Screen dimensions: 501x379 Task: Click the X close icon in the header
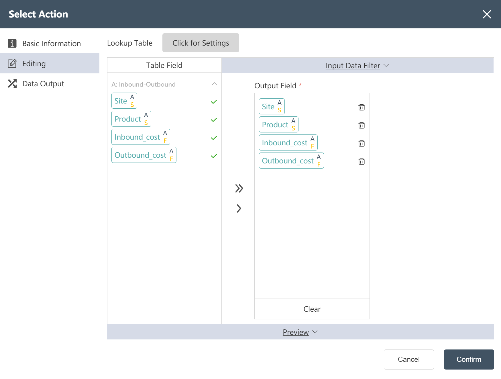tap(487, 14)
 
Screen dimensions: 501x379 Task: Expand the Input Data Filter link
tap(353, 66)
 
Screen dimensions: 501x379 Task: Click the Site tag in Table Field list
tap(124, 101)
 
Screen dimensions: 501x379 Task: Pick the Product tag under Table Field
tap(131, 119)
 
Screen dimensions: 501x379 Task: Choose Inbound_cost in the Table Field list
tap(141, 137)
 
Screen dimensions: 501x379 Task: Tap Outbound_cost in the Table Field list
tap(144, 155)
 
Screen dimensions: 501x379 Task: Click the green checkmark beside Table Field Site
tap(214, 102)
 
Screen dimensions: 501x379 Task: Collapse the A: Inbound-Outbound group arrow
tap(214, 84)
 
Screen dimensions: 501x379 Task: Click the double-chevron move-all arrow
tap(239, 188)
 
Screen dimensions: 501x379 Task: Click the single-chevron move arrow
tap(239, 208)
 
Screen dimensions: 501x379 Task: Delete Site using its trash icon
tap(361, 107)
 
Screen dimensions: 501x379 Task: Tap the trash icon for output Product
tap(361, 125)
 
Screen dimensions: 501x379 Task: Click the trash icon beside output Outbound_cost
tap(361, 161)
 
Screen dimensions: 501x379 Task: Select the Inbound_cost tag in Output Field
tap(288, 142)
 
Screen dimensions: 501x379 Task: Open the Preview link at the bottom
tap(296, 332)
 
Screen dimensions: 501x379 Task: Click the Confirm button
tap(469, 360)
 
